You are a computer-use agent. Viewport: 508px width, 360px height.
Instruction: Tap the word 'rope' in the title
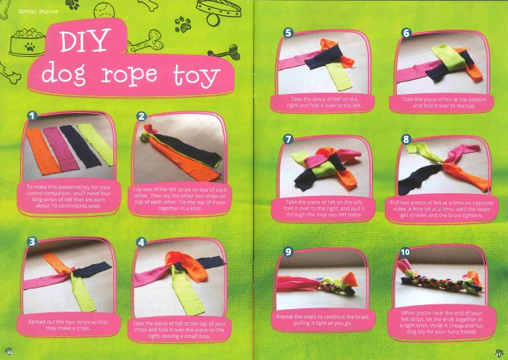[129, 75]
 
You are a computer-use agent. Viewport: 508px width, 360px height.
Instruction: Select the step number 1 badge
[32, 116]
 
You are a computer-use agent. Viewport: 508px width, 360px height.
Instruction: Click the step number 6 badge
[406, 33]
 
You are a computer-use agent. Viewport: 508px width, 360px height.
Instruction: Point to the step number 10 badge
[405, 252]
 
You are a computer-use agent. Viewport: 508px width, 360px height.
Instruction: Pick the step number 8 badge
[406, 140]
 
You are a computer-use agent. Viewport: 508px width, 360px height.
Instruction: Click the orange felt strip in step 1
[43, 151]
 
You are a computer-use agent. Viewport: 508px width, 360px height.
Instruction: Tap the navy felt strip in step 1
[80, 146]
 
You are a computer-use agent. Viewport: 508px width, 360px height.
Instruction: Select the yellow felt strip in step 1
[96, 143]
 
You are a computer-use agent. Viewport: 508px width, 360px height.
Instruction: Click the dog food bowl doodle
[28, 42]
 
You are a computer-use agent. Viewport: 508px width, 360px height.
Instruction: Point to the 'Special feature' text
[38, 11]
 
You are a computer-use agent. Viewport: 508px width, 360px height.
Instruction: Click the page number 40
[10, 352]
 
